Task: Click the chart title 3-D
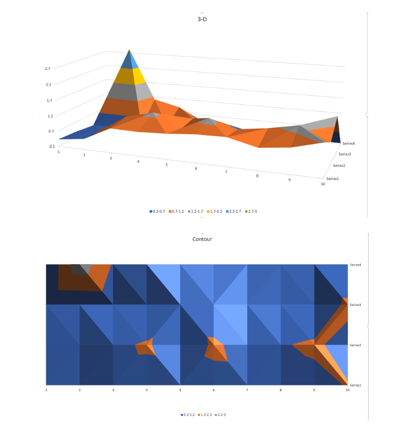click(x=201, y=19)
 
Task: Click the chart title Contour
click(x=201, y=239)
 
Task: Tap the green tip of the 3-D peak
click(x=129, y=52)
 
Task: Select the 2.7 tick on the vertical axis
click(x=48, y=68)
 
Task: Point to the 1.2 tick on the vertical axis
click(x=50, y=115)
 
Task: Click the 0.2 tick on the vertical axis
click(x=52, y=146)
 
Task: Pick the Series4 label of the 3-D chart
click(x=348, y=143)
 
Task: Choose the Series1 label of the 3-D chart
click(x=332, y=179)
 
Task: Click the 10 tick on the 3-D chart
click(x=322, y=184)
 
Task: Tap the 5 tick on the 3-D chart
click(x=166, y=165)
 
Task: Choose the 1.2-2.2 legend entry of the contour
click(x=206, y=414)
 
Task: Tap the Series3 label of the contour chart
click(x=355, y=305)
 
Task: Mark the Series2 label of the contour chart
click(x=355, y=345)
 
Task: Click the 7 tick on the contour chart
click(x=247, y=390)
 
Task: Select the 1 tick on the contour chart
click(x=46, y=390)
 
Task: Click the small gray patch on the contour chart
click(x=80, y=269)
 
